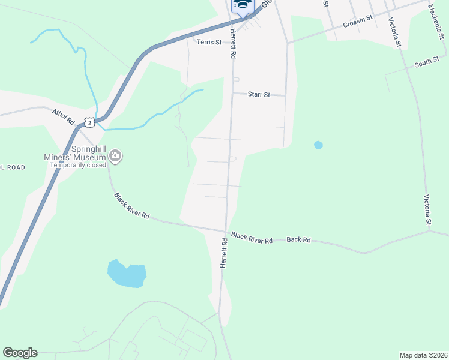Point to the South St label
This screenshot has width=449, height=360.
[x=427, y=62]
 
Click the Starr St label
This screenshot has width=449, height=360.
[x=259, y=94]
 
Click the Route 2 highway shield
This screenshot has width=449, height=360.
[x=89, y=122]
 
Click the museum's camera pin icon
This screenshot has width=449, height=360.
[x=116, y=157]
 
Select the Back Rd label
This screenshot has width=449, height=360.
[x=298, y=239]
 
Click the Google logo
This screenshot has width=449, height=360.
[x=20, y=353]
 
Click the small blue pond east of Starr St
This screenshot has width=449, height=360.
[x=318, y=145]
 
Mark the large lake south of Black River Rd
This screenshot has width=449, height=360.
[x=127, y=274]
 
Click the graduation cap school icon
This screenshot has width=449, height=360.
[x=242, y=5]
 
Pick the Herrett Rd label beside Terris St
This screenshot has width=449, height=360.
[x=231, y=45]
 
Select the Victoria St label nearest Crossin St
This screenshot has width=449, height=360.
[x=394, y=32]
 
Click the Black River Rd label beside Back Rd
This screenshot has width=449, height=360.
[x=252, y=238]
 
